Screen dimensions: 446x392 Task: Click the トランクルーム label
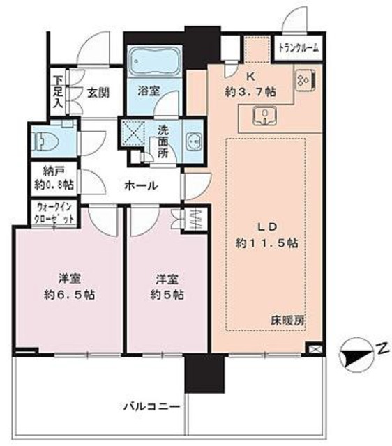299,48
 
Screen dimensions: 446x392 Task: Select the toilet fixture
47,142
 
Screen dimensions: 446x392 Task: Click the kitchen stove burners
305,82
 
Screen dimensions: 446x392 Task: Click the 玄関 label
96,90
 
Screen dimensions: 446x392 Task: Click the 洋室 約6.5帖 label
67,286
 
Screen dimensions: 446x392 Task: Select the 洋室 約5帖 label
167,286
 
